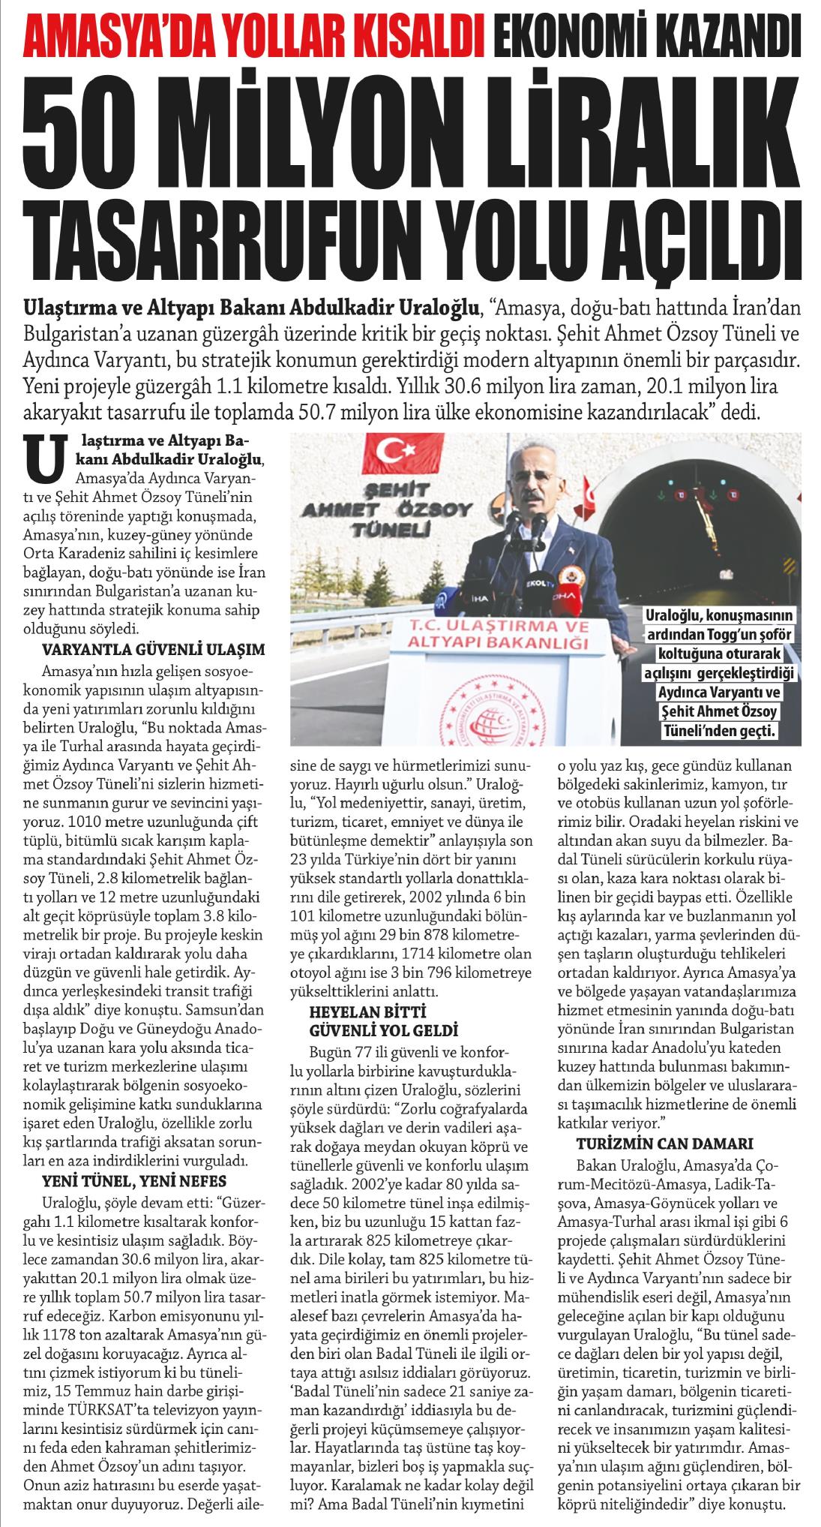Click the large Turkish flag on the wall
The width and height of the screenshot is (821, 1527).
click(389, 450)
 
